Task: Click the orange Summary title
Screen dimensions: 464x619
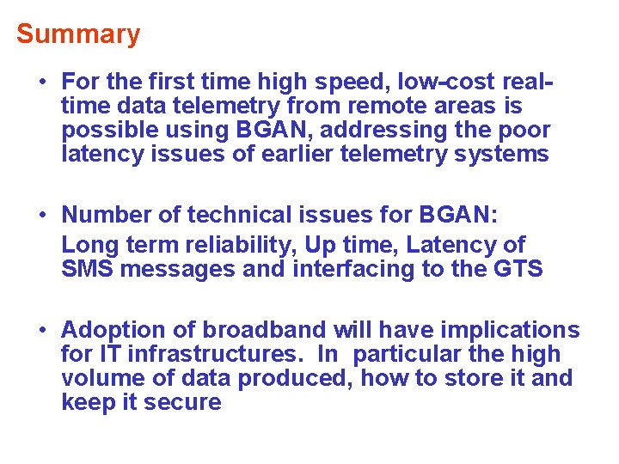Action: click(x=78, y=34)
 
